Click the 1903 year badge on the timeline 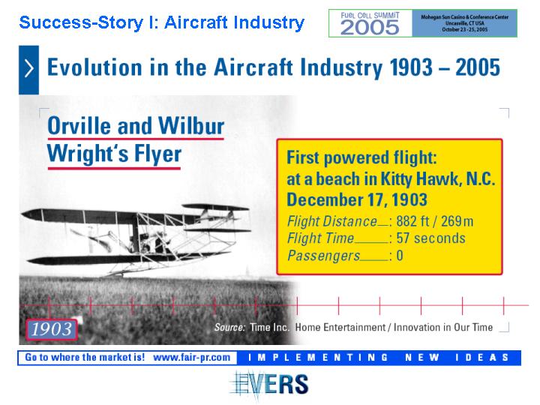[52, 329]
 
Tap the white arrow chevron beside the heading [29, 67]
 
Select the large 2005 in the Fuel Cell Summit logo [370, 27]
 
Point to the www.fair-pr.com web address [191, 357]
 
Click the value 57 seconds [430, 238]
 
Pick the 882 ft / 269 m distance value [435, 221]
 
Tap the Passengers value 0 [400, 256]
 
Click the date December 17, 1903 [357, 199]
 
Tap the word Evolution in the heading [94, 67]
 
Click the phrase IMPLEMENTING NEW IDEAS [378, 358]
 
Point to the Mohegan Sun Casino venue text [464, 16]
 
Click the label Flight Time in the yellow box [321, 238]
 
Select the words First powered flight [362, 157]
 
